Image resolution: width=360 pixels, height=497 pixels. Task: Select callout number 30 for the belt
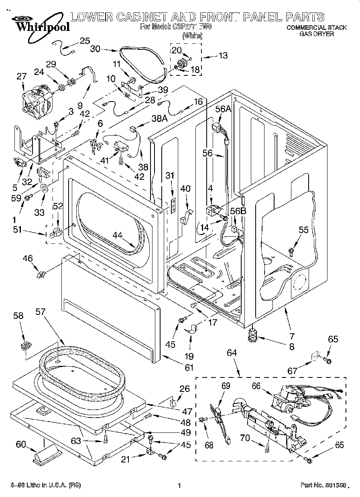point(95,49)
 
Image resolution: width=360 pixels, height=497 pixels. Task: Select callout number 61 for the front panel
point(189,367)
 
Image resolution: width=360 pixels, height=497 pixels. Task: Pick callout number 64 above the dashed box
point(232,353)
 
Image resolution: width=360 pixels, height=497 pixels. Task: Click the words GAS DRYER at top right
point(317,34)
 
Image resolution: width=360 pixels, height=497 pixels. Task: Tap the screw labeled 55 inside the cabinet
point(291,251)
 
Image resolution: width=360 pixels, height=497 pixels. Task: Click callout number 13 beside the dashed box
point(223,55)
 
